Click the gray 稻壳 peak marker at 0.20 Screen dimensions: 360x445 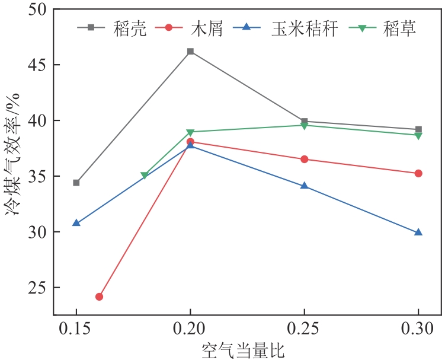point(190,52)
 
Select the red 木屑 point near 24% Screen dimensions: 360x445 point(99,297)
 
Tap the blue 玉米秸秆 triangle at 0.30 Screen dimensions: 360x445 point(418,232)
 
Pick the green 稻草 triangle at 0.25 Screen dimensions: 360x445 point(304,125)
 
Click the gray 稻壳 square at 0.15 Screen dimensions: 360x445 point(76,183)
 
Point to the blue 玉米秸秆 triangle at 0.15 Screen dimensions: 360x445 point(76,223)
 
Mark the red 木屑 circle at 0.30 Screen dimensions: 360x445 point(418,173)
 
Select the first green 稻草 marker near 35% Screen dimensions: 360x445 point(145,176)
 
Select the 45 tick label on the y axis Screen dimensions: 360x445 point(38,65)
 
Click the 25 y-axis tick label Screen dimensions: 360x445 point(38,288)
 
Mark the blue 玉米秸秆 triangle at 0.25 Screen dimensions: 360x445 point(304,186)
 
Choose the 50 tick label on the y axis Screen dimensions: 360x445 point(38,9)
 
